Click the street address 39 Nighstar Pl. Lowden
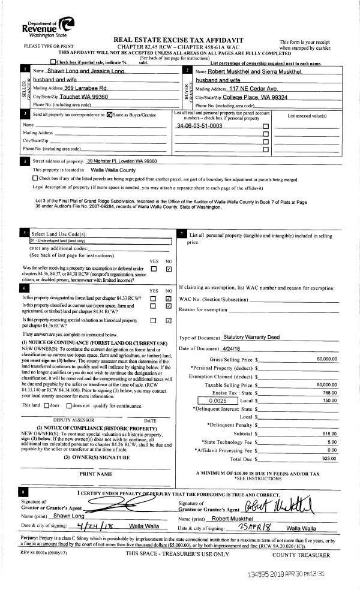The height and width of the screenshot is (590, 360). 122,161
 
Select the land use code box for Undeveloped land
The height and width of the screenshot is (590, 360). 100,240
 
